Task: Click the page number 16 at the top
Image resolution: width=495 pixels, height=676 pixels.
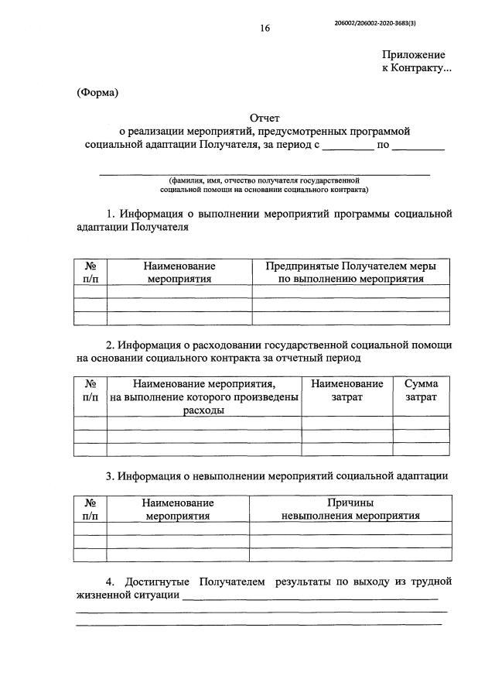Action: tap(265, 29)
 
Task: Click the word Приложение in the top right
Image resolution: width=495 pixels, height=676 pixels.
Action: tap(414, 55)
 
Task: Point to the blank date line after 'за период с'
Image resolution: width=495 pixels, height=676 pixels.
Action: tap(347, 146)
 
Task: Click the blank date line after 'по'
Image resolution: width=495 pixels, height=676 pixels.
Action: tap(418, 146)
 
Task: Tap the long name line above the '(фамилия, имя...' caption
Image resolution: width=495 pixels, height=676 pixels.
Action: tap(265, 174)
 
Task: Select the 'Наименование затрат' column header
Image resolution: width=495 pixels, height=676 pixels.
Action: tap(346, 390)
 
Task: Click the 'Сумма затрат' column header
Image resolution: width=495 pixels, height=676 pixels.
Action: tap(421, 390)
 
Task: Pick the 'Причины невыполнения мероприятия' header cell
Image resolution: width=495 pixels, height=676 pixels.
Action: tap(350, 509)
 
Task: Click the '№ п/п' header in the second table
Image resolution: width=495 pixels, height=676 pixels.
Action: tap(90, 390)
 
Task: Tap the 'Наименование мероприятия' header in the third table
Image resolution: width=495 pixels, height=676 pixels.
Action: tap(179, 509)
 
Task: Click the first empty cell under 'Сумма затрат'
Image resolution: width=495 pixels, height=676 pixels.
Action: tap(421, 423)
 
